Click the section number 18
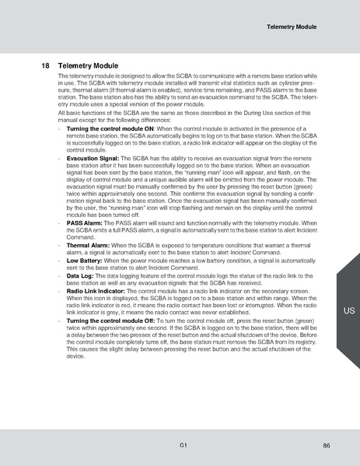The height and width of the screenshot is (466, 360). [x=44, y=66]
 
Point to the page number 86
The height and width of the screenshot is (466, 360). [x=327, y=444]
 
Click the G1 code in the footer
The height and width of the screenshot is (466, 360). [x=180, y=444]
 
